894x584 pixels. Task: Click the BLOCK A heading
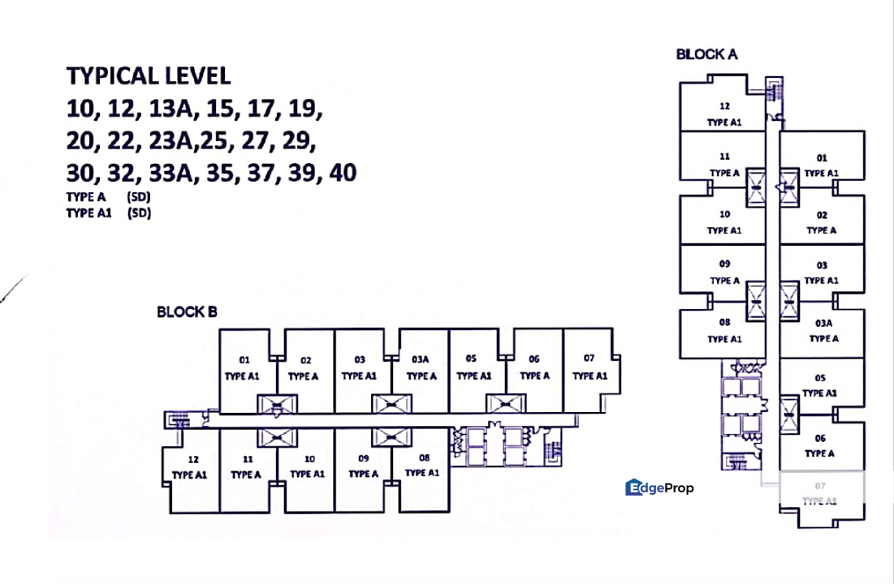click(x=706, y=54)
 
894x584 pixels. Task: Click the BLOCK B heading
click(x=187, y=311)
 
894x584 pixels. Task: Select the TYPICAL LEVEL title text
click(x=149, y=76)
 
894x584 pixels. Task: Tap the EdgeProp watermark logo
click(x=659, y=487)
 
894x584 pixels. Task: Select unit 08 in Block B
click(x=422, y=466)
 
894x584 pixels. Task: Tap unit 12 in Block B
click(x=192, y=467)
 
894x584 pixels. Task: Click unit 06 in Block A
click(x=820, y=445)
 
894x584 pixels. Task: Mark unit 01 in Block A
click(x=821, y=165)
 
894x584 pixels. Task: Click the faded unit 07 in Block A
click(x=820, y=494)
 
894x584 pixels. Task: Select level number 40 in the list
click(x=340, y=173)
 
